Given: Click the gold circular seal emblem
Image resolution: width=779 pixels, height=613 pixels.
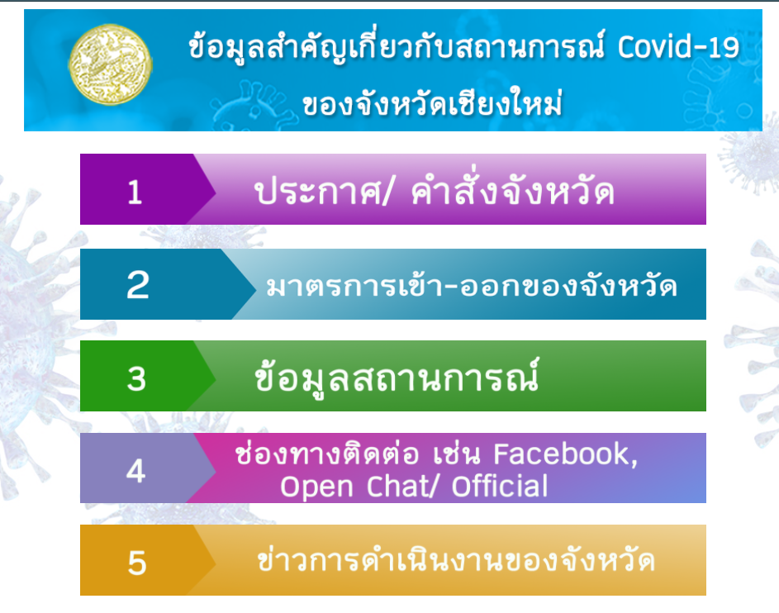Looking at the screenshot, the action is click(110, 64).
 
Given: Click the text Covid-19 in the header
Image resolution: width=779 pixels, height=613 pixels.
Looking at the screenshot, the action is click(679, 48).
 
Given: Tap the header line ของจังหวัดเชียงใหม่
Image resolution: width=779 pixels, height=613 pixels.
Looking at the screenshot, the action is click(432, 103).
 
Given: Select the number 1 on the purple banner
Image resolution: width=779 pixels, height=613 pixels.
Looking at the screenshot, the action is click(135, 192).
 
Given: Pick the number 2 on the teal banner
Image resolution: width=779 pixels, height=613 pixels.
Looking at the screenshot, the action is click(138, 285).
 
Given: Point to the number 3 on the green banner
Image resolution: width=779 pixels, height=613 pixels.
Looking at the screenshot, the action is click(136, 378).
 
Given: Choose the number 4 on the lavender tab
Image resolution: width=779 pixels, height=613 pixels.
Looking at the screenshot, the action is click(135, 471).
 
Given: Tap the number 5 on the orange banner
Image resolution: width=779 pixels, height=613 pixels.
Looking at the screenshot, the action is click(137, 563).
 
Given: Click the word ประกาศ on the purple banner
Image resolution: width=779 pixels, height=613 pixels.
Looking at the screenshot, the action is click(318, 192).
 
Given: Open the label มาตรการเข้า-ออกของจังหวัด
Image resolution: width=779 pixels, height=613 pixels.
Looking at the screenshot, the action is click(471, 285).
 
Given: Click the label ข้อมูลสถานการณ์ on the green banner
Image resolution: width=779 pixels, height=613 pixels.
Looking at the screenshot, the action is click(397, 376).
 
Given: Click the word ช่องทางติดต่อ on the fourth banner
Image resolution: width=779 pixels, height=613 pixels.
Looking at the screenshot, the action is click(327, 453).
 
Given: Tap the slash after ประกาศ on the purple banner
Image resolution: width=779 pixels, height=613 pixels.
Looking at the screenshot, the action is click(387, 192).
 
